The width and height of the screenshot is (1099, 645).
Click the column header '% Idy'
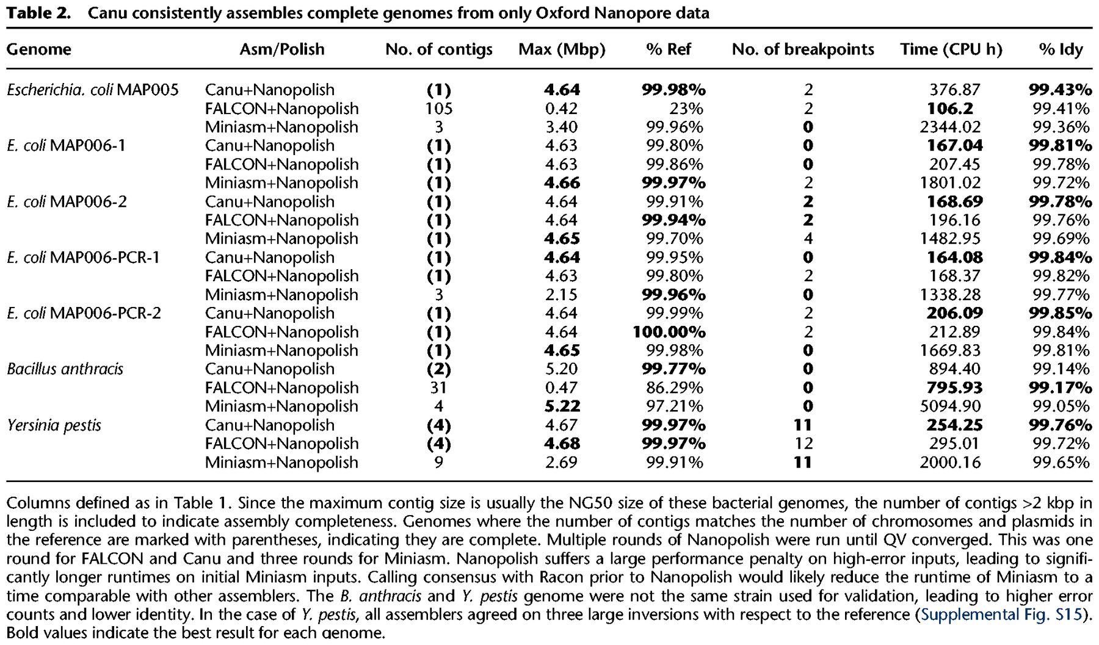click(1061, 49)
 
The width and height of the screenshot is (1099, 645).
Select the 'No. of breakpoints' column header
click(803, 49)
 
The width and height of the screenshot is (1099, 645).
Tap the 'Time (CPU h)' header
click(951, 49)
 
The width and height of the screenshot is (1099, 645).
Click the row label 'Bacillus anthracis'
click(65, 369)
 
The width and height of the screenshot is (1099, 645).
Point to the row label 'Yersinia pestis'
click(54, 425)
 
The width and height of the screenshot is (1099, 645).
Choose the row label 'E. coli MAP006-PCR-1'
click(83, 258)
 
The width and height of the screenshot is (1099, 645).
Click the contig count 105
click(438, 109)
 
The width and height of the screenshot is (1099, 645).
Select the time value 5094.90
click(950, 406)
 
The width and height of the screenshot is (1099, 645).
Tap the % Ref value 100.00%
click(669, 332)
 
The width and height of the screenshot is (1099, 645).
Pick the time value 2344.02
click(950, 127)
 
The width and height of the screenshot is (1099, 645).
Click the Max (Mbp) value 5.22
click(562, 406)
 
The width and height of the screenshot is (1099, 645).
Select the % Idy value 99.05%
click(1061, 406)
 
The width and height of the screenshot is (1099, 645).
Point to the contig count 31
click(438, 388)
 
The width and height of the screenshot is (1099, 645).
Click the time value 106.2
click(950, 109)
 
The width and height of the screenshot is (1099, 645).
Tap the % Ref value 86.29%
click(674, 388)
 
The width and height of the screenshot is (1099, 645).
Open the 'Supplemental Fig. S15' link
click(1001, 614)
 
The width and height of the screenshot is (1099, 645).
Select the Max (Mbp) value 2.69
click(562, 463)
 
